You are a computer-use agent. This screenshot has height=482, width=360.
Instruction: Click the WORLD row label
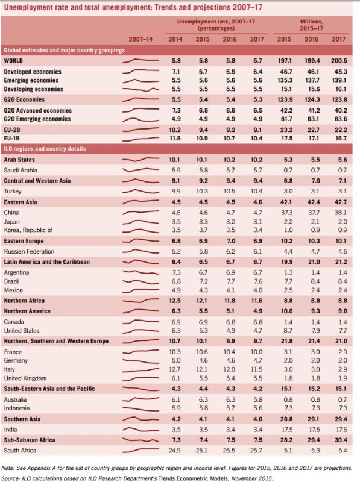pos(13,61)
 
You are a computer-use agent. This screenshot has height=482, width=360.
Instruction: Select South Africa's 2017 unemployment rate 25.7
pos(257,451)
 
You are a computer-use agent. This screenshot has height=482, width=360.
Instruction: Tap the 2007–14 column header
pos(141,39)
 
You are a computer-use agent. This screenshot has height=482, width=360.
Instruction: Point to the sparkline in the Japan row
pos(141,222)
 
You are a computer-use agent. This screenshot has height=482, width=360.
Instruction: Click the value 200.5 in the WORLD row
pos(339,61)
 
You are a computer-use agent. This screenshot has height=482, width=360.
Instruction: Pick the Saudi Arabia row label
pos(21,171)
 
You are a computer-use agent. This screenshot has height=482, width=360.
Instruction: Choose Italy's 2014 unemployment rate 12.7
pos(175,369)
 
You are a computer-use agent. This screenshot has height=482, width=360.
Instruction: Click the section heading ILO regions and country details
pos(45,149)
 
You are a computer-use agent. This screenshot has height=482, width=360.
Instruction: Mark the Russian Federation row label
pos(29,251)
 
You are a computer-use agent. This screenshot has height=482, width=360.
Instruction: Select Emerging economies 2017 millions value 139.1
pos(339,80)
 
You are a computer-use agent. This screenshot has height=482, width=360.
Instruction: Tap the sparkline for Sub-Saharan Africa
pos(141,440)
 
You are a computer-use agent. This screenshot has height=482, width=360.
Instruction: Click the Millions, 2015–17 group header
pos(311,25)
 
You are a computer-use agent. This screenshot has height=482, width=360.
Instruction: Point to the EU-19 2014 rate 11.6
pos(175,139)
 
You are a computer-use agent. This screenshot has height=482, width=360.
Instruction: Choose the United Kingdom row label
pos(25,378)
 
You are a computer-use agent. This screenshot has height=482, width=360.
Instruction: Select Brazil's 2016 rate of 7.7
pos(230,281)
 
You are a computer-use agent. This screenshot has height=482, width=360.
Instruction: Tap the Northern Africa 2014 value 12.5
pos(175,301)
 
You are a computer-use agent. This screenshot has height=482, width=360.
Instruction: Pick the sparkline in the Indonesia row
pos(141,409)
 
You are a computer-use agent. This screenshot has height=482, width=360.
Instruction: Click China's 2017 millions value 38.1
pos(341,213)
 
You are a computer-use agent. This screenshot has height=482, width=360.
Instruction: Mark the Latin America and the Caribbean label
pos(47,262)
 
